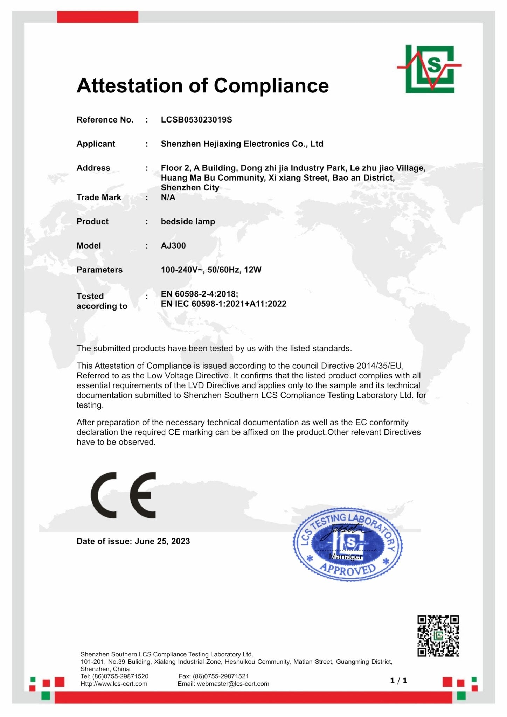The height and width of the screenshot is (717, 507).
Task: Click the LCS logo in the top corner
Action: tap(430, 69)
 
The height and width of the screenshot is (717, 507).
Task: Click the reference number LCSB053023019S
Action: tap(196, 120)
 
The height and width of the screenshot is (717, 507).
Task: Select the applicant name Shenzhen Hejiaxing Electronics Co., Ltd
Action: tap(242, 144)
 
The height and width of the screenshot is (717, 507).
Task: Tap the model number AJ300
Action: tap(173, 245)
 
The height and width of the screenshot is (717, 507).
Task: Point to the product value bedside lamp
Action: tap(188, 221)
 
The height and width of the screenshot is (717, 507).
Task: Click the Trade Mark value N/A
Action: tap(168, 197)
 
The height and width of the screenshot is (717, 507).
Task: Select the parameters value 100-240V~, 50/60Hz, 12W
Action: tap(211, 270)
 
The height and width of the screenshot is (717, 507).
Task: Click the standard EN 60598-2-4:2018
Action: tap(199, 294)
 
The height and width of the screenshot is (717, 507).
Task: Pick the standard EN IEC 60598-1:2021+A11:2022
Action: tap(223, 304)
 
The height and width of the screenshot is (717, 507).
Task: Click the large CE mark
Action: tap(123, 495)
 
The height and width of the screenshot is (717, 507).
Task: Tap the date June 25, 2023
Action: tap(162, 541)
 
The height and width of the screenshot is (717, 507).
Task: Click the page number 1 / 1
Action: tap(399, 681)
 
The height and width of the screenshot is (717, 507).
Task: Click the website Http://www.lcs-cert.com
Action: tap(114, 684)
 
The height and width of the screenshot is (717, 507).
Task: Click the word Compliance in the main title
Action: tap(271, 85)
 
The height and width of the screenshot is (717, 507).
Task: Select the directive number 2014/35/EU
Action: tap(380, 366)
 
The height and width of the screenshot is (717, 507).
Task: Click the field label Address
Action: tap(93, 168)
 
